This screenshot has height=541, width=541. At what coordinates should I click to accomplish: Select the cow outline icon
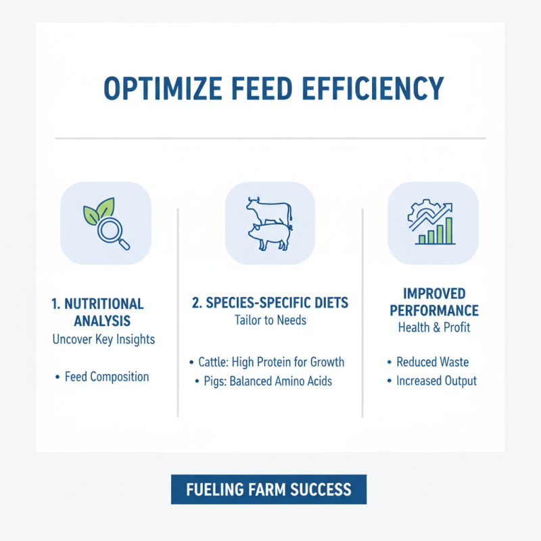(268, 208)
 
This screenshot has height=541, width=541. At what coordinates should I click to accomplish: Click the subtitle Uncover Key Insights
(103, 339)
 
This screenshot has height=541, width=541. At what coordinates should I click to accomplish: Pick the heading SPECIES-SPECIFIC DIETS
(269, 303)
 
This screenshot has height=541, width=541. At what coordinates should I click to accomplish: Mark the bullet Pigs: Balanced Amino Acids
(268, 381)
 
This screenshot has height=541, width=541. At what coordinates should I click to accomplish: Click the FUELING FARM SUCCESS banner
(268, 489)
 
